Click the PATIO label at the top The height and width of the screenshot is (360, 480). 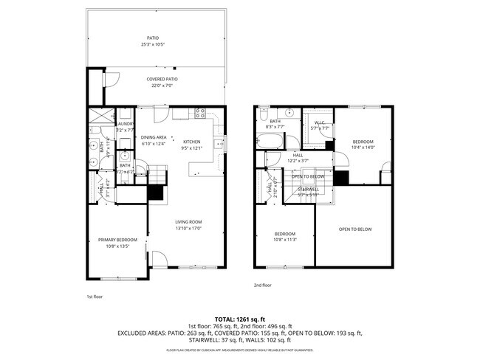tap(152, 38)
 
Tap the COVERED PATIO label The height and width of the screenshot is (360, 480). tap(162, 79)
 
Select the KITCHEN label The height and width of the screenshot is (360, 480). tap(191, 142)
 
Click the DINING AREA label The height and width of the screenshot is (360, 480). tap(154, 137)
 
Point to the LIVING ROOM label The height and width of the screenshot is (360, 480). tap(188, 222)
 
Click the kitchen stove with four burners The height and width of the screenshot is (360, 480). tap(199, 113)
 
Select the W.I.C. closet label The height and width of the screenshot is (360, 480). tap(320, 122)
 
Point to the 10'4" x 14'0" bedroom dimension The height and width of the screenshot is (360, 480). tap(363, 148)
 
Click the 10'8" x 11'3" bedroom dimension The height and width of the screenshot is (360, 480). tap(284, 239)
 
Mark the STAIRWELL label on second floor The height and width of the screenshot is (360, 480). tap(308, 189)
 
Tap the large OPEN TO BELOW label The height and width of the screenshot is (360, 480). tap(354, 229)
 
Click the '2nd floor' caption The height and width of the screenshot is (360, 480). tap(262, 285)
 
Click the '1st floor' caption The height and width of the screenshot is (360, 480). tap(95, 296)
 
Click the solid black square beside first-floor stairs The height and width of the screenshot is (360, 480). tap(155, 193)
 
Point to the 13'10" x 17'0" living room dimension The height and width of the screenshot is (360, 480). tap(188, 228)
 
